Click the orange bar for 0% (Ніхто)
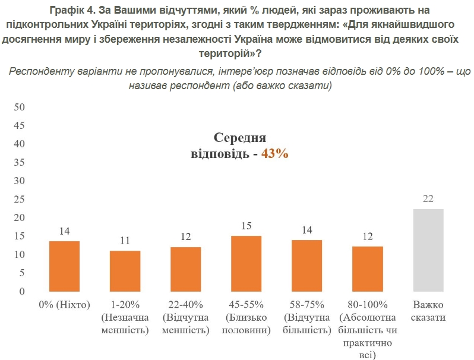click(64, 266)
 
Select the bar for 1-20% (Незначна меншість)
click(125, 271)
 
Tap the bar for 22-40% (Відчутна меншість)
click(185, 269)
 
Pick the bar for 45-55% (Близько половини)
click(246, 264)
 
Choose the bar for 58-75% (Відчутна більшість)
click(306, 266)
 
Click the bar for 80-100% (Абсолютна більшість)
click(367, 269)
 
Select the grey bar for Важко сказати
click(428, 250)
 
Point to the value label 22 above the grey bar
click(428, 199)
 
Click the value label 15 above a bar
click(246, 226)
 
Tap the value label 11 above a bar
click(125, 241)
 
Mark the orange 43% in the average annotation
click(274, 153)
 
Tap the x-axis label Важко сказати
click(428, 311)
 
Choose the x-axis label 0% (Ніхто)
click(64, 305)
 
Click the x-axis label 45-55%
click(246, 305)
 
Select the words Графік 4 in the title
click(67, 11)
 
